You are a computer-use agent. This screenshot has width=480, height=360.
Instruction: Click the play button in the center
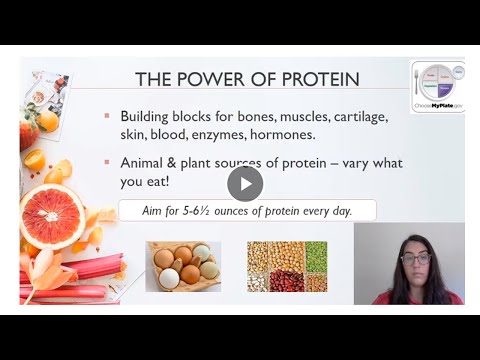click(244, 183)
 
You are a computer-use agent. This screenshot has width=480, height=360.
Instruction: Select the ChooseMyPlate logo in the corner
click(437, 86)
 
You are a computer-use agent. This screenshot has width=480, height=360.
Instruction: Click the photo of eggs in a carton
click(182, 266)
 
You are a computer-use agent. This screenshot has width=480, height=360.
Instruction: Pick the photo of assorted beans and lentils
click(287, 266)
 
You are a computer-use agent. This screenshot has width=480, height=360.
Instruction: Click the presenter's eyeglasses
click(417, 259)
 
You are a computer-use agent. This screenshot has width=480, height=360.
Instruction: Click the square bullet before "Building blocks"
click(107, 116)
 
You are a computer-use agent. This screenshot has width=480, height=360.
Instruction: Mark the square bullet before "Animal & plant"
click(107, 163)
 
